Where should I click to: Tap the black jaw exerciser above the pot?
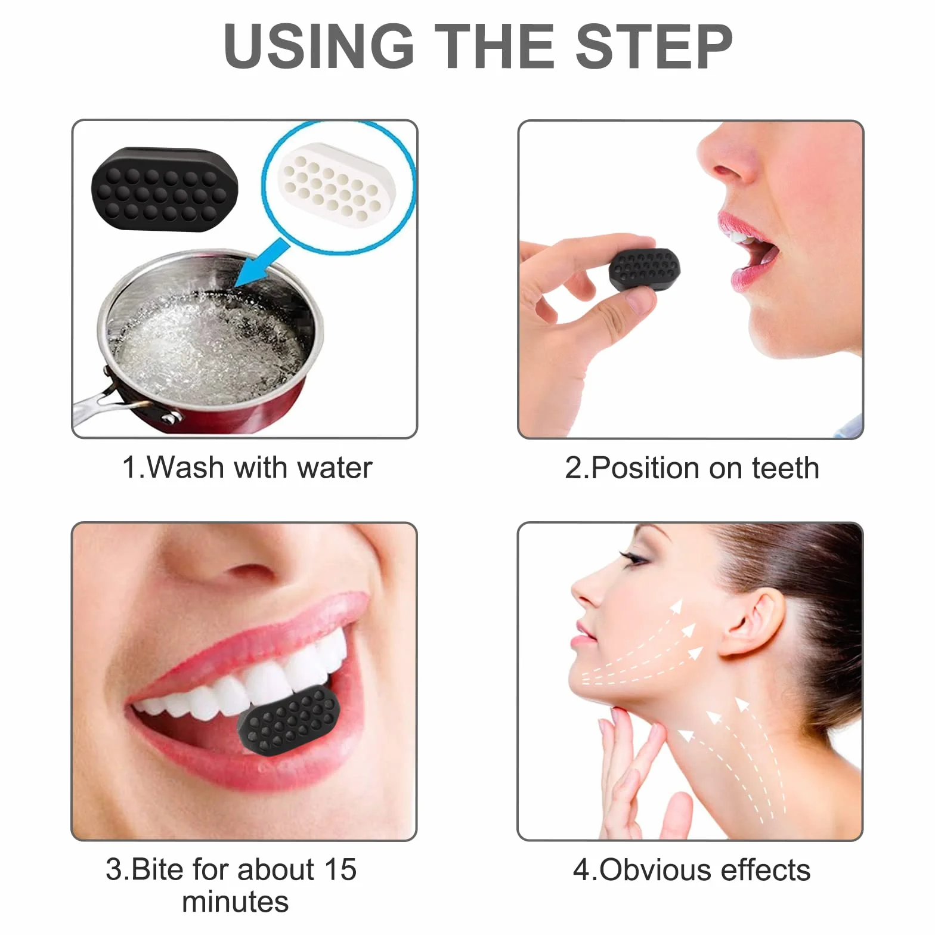[x=165, y=188]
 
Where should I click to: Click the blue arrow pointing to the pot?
[x=262, y=262]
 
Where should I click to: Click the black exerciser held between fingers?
[x=644, y=270]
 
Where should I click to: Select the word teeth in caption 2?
[x=785, y=467]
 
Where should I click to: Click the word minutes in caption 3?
[x=236, y=902]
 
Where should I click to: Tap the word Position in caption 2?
[x=646, y=467]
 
